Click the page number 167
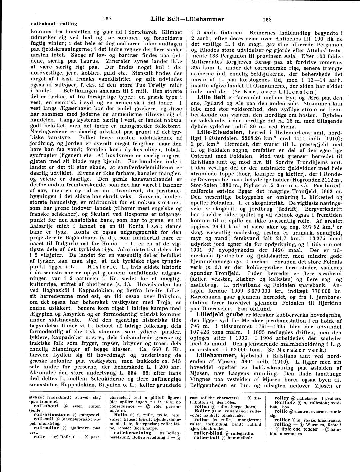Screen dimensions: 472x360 [x=107, y=19]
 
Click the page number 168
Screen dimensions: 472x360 [x=267, y=19]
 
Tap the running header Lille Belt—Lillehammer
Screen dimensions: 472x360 [x=187, y=19]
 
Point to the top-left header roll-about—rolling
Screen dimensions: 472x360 [x=54, y=24]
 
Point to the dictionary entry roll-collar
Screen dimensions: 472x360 [x=46, y=427]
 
